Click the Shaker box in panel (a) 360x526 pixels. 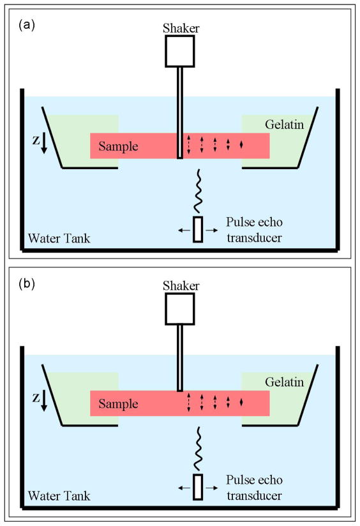pos(179,51)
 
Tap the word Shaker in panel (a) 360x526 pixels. pos(179,27)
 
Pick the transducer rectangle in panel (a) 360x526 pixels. pos(198,229)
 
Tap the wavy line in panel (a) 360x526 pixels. pos(199,190)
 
